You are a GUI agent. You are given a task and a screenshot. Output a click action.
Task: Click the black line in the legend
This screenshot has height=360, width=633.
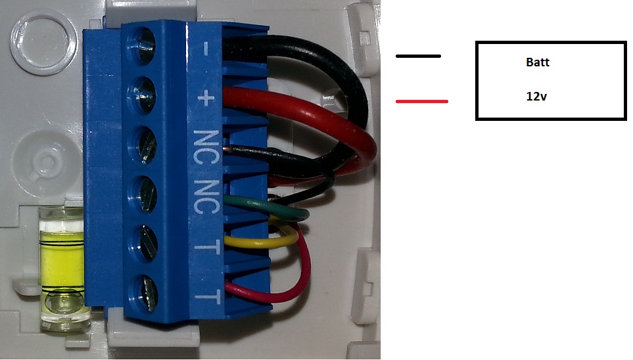tap(418, 56)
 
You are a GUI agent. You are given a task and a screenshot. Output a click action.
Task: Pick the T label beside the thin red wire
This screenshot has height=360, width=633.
tap(207, 297)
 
